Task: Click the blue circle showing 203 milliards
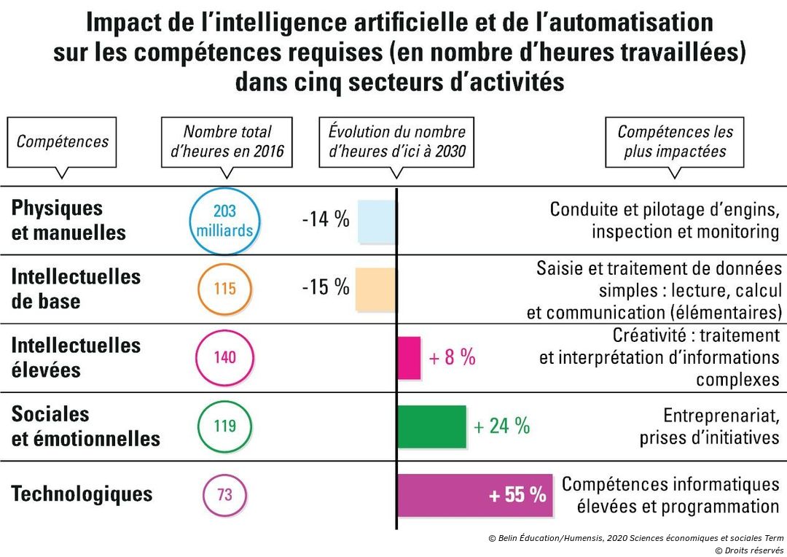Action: click(x=224, y=221)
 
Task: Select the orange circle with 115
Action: click(x=224, y=289)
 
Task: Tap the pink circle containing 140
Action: click(x=224, y=357)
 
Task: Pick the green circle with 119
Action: click(x=224, y=426)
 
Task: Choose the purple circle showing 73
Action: click(x=224, y=494)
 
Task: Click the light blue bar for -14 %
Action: click(x=377, y=221)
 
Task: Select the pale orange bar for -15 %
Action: click(x=376, y=289)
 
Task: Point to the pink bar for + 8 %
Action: click(x=409, y=357)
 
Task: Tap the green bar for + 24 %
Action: click(x=431, y=426)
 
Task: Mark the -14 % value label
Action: click(x=326, y=220)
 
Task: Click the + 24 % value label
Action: click(x=501, y=426)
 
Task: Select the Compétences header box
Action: click(x=62, y=141)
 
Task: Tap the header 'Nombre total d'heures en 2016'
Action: click(x=227, y=141)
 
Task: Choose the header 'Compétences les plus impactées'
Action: click(x=675, y=141)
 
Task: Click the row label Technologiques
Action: click(x=82, y=494)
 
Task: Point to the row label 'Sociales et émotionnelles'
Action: click(x=85, y=426)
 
